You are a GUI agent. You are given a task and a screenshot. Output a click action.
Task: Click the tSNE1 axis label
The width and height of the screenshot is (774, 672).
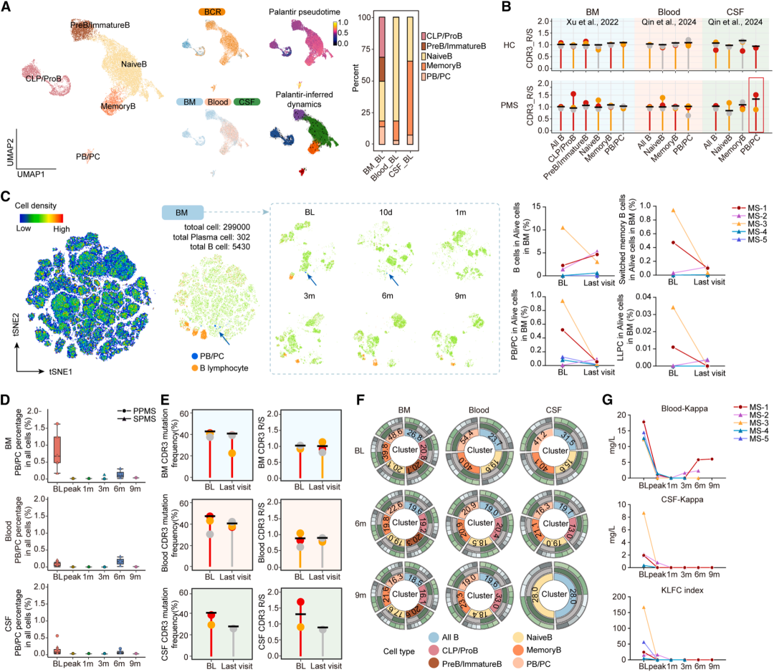pos(46,373)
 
